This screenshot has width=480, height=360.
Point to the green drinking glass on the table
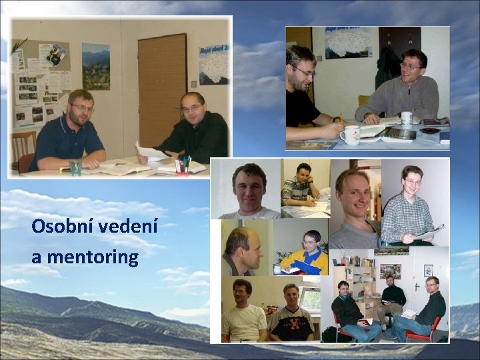coord(75,168)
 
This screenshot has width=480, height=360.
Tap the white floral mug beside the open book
coord(349,135)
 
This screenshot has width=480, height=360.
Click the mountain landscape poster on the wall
coord(95,67)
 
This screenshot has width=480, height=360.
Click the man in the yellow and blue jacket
coord(306,253)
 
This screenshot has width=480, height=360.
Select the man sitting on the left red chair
coord(347,310)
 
